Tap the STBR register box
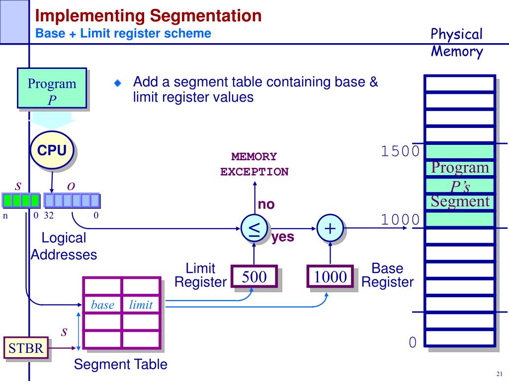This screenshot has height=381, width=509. [26, 348]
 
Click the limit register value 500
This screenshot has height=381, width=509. [254, 277]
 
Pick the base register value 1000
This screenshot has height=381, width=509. [330, 277]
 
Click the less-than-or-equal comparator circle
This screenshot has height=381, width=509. [254, 229]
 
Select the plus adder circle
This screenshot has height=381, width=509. [330, 228]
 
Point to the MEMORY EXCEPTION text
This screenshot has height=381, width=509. [254, 164]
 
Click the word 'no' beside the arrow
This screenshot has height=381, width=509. [266, 204]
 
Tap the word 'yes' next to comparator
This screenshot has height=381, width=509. [283, 237]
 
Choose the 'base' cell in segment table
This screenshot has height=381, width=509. [102, 305]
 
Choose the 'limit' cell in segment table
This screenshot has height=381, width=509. [141, 305]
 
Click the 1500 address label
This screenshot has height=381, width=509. [400, 151]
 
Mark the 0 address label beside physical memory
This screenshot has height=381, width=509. [412, 342]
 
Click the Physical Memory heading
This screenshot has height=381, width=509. [456, 43]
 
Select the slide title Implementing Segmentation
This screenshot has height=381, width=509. [148, 15]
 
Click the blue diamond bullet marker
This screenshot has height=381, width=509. [117, 83]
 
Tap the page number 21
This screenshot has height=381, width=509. [499, 374]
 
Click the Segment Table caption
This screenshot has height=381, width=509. [120, 365]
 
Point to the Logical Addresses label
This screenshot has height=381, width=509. [64, 246]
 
